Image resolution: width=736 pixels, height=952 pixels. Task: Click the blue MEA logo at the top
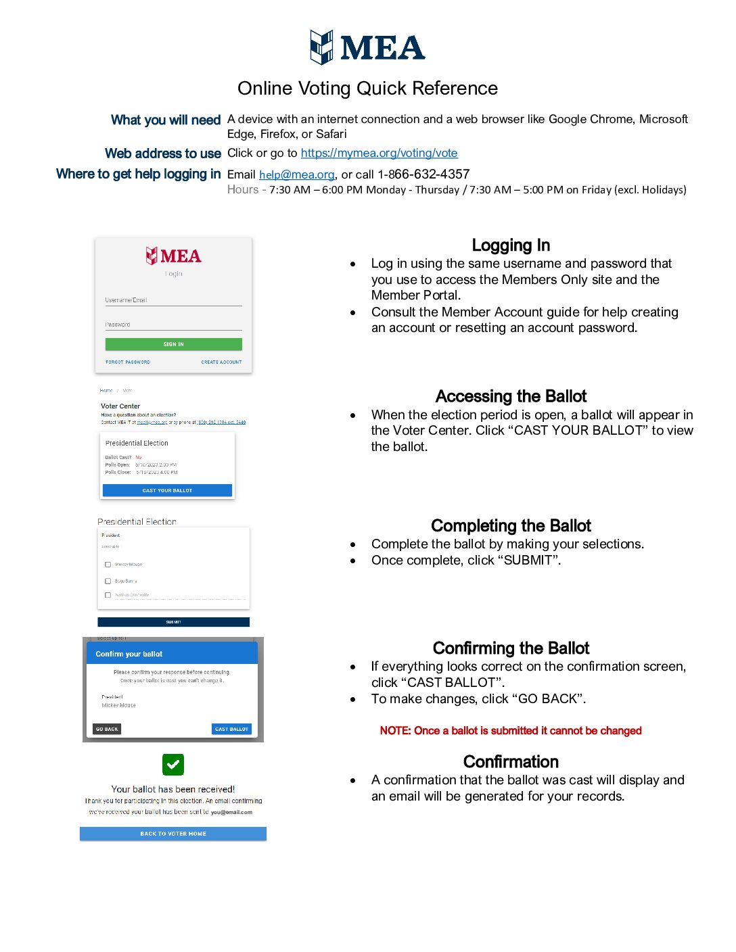[x=367, y=47]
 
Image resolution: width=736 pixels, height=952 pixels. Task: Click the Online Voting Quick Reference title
[x=367, y=89]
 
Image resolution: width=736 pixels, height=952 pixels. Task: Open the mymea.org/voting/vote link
[x=379, y=153]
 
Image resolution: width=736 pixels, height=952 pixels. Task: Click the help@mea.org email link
[x=296, y=174]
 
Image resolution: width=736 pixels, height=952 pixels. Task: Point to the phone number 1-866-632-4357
[x=423, y=174]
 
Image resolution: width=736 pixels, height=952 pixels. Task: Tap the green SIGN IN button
[x=173, y=344]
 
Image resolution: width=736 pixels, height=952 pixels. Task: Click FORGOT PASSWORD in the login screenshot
[x=128, y=362]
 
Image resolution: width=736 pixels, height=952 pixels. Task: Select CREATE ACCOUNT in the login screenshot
[x=221, y=362]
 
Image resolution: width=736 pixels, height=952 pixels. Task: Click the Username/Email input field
[x=173, y=300]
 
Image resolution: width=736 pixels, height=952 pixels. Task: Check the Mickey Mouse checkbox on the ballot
[x=108, y=565]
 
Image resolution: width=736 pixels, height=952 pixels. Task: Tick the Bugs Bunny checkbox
[x=108, y=581]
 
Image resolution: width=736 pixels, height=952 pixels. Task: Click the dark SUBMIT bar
[x=173, y=622]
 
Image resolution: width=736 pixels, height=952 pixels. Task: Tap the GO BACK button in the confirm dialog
[x=107, y=729]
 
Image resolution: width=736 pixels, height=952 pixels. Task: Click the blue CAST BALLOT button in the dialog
[x=231, y=729]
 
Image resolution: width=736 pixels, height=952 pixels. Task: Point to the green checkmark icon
[x=173, y=765]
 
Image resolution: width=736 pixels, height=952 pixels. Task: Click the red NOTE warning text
[x=511, y=731]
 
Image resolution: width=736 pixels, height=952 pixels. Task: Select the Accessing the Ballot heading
[x=511, y=396]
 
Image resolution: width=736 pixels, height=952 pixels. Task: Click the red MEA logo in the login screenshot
[x=173, y=256]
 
